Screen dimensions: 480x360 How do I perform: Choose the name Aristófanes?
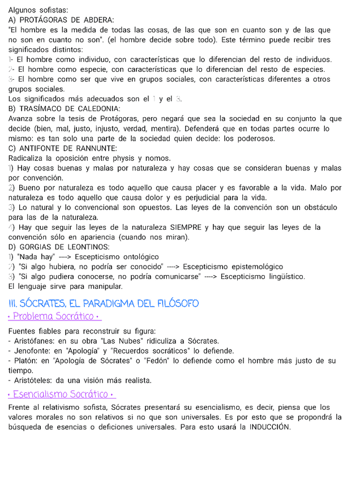point(33,341)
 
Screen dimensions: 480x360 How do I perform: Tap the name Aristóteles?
point(32,380)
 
